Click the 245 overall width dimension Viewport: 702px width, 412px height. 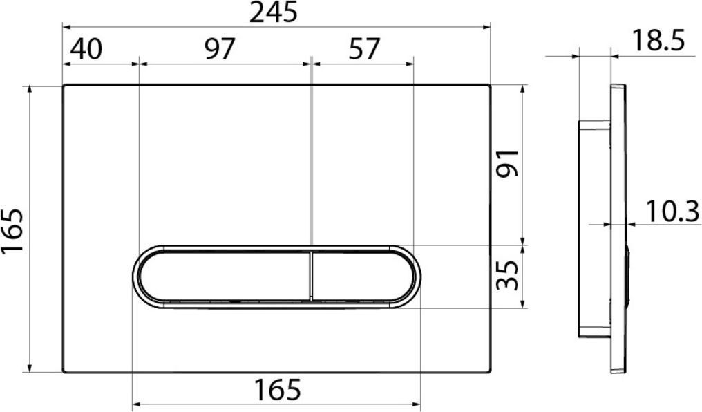(273, 12)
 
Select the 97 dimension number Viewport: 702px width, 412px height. (220, 49)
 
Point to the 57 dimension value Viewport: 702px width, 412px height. (363, 49)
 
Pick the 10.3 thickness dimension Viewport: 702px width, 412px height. (672, 212)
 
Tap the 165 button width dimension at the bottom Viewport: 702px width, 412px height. (276, 391)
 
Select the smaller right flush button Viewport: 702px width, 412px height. (359, 276)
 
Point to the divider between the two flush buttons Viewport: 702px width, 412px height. (312, 276)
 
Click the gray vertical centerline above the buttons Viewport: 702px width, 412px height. (312, 152)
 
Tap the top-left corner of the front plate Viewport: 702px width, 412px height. (64, 86)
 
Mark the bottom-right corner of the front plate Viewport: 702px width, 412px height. (489, 371)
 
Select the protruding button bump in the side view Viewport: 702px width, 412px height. (628, 276)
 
